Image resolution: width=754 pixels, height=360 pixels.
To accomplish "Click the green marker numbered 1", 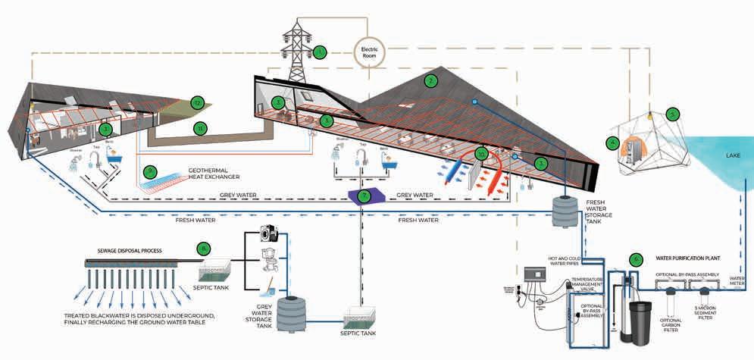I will (x=320, y=52).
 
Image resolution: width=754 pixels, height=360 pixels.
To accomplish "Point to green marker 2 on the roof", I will (x=430, y=80).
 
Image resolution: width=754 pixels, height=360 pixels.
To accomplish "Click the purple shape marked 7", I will (x=364, y=196).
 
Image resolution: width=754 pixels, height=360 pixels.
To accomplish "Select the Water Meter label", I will (x=738, y=280).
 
